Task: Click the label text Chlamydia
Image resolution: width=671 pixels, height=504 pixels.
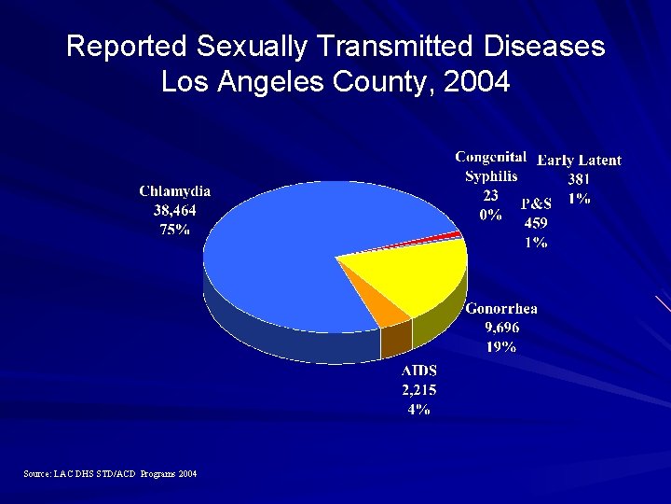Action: click(x=174, y=190)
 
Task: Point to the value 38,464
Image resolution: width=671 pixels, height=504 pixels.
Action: click(x=174, y=211)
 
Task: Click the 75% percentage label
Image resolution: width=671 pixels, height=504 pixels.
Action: click(x=174, y=231)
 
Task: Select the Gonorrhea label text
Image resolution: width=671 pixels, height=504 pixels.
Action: click(x=501, y=309)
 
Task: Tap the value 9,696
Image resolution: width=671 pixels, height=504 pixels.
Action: click(x=501, y=328)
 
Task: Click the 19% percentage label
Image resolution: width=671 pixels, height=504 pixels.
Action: click(x=501, y=347)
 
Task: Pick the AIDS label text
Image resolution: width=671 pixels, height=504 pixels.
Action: click(x=418, y=371)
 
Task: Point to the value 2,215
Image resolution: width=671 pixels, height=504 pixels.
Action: click(x=418, y=390)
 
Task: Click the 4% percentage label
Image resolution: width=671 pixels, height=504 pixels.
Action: click(x=418, y=410)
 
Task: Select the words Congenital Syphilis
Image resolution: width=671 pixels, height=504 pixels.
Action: click(x=491, y=166)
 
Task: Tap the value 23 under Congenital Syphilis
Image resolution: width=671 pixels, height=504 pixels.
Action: click(x=490, y=195)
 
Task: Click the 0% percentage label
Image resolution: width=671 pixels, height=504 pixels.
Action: click(x=490, y=215)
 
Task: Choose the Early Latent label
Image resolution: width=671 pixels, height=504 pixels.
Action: click(x=579, y=161)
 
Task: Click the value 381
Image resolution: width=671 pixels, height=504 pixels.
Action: click(x=580, y=179)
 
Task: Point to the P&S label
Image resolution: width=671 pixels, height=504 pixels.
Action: click(x=536, y=203)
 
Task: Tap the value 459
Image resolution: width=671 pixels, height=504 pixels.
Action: click(x=536, y=223)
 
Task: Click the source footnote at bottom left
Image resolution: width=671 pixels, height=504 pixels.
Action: click(x=110, y=474)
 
